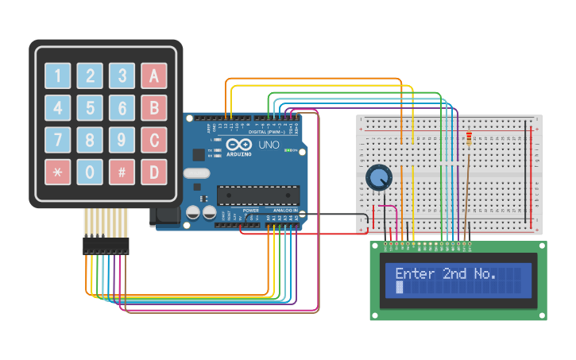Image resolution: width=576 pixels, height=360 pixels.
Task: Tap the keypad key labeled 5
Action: coord(90,107)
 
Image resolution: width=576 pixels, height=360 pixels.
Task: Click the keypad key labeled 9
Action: coord(122,140)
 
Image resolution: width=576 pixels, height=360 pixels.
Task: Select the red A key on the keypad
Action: coord(153,75)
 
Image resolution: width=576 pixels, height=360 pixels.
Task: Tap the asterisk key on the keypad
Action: coord(57,172)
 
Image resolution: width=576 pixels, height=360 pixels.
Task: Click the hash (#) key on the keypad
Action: coord(122,172)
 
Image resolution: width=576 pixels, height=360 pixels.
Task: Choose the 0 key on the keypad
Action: coord(90,172)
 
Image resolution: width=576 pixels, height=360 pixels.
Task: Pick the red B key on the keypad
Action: coord(153,107)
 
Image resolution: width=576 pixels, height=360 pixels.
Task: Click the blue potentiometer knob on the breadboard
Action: coord(379,178)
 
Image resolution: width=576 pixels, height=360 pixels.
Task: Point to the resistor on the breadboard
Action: coord(469,140)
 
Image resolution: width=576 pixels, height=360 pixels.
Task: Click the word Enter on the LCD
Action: coord(415,274)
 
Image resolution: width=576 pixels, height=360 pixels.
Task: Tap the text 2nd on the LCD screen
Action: coord(456,274)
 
